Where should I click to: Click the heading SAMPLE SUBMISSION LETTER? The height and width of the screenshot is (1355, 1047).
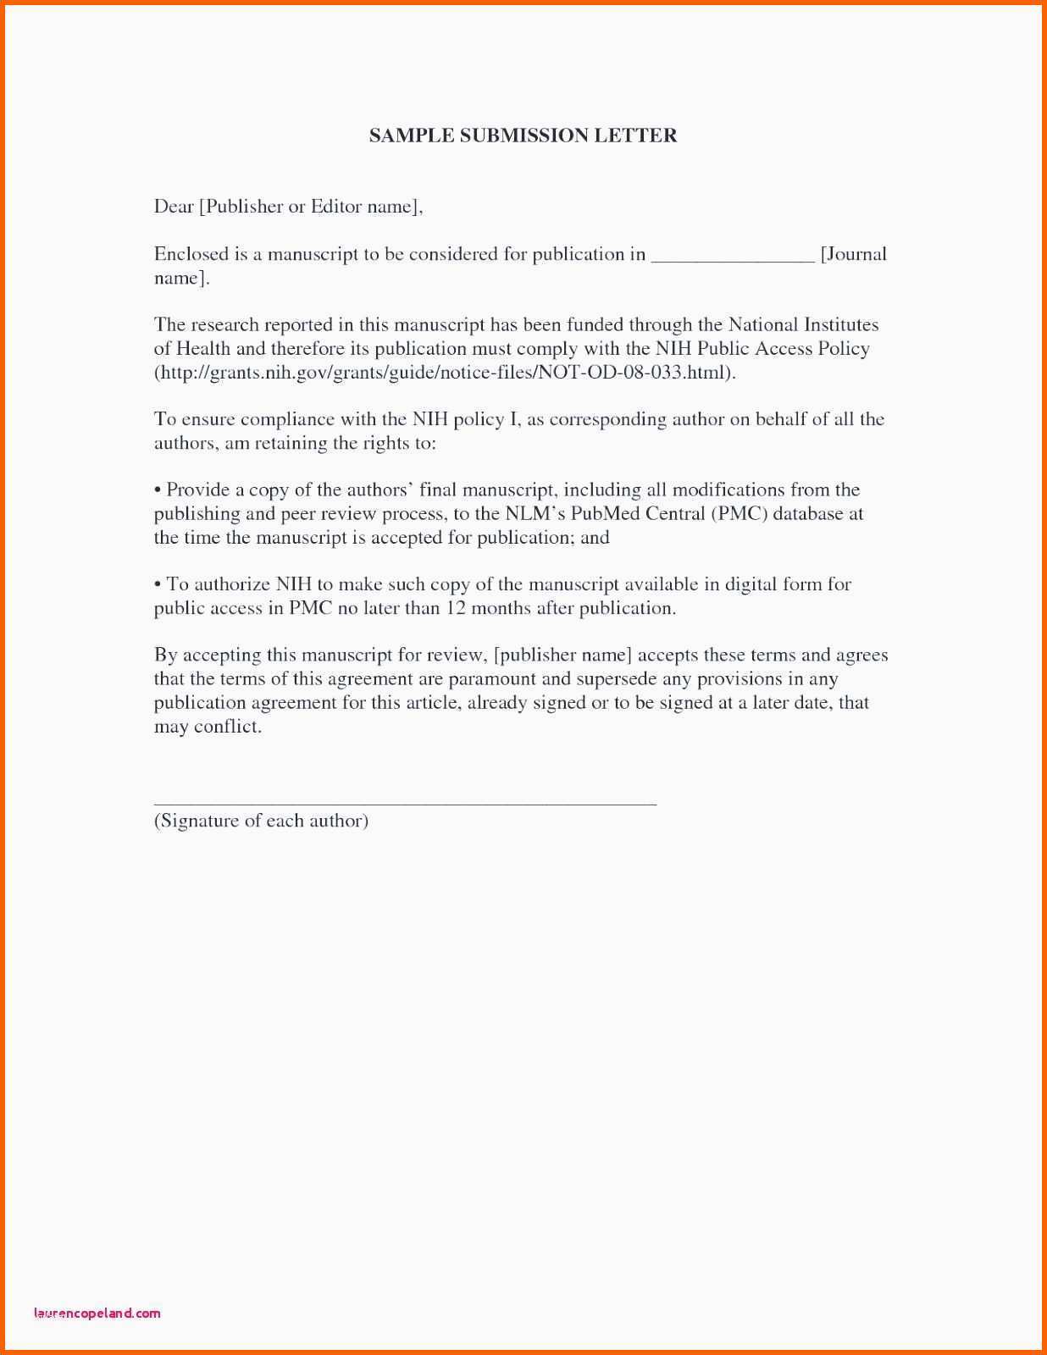click(523, 135)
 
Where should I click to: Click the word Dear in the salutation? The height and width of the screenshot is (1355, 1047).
click(174, 207)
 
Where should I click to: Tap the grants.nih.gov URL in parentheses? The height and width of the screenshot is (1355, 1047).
click(445, 373)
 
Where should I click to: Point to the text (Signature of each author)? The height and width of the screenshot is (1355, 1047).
click(261, 821)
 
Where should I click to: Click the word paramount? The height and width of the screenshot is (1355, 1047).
click(492, 679)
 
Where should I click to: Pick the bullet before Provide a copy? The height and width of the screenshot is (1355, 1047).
click(158, 490)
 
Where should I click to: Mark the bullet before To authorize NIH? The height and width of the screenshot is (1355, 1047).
click(158, 584)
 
